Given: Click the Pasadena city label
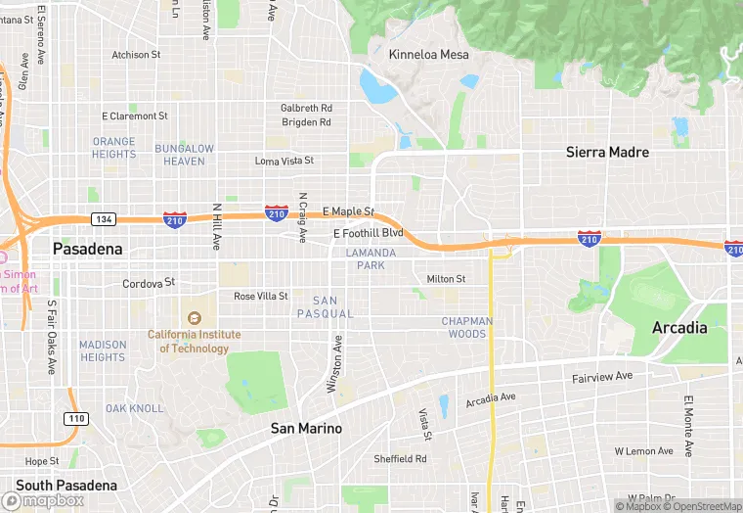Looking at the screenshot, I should tap(88, 249).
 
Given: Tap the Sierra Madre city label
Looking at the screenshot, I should tap(607, 152).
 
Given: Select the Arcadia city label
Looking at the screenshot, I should tap(679, 327).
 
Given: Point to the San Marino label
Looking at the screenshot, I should tap(306, 428).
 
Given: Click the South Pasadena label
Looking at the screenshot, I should tap(66, 485).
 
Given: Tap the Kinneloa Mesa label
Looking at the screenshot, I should tap(429, 54).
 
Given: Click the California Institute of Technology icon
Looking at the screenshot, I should tap(194, 317).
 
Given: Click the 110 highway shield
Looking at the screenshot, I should tap(75, 418).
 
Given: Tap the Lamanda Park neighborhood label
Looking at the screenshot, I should tap(371, 258).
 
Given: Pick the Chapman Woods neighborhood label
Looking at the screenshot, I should tap(466, 327).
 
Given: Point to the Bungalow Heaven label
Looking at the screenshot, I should tap(184, 155).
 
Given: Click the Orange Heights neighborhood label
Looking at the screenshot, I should tap(114, 148).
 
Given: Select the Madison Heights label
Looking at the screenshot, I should tap(103, 350).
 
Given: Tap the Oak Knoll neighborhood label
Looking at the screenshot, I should tap(135, 408).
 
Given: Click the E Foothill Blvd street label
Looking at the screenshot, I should tap(368, 233).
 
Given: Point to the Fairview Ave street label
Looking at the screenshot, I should tap(602, 376).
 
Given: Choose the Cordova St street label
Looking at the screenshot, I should tap(149, 283).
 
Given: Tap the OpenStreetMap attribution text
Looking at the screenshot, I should tap(707, 506).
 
